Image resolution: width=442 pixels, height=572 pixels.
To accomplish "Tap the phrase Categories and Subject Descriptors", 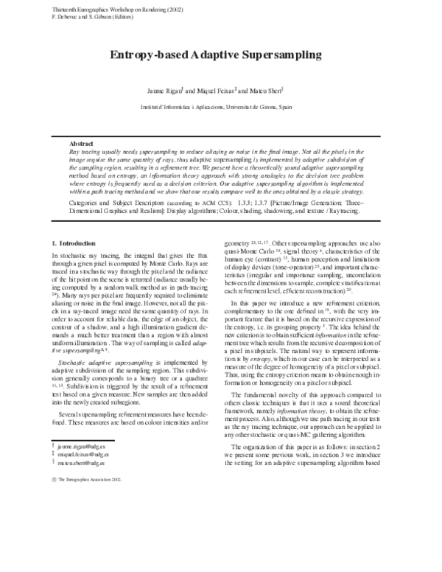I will pos(118,200).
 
